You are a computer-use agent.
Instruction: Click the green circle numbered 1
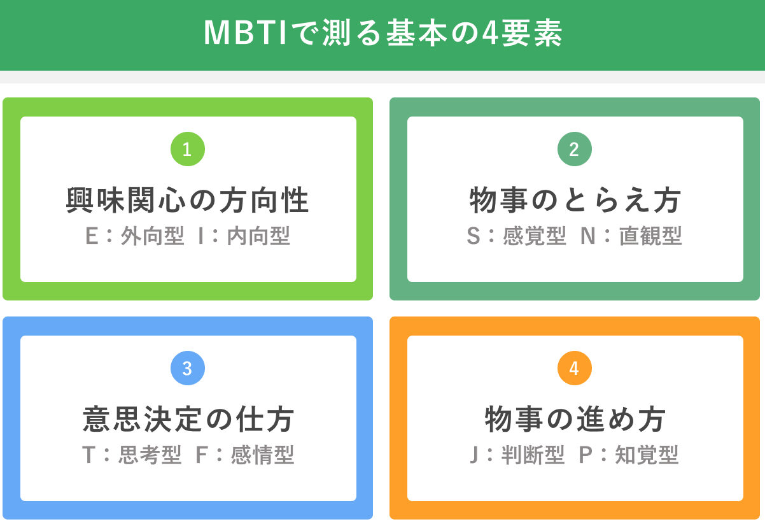[188, 149]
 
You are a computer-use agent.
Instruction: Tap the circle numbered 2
[575, 149]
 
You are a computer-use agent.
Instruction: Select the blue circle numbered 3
[188, 368]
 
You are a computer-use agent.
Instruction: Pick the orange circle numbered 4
[575, 368]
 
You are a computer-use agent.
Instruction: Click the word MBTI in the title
[245, 33]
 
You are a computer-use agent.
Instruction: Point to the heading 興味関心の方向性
[188, 201]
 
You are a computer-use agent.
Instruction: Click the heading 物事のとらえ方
[575, 201]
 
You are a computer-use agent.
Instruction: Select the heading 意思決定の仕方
[188, 420]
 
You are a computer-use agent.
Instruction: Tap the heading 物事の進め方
[575, 420]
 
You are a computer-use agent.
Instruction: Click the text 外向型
[152, 236]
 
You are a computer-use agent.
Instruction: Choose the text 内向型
[258, 236]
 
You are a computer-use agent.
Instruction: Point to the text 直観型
[650, 236]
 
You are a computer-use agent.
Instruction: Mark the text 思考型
[150, 455]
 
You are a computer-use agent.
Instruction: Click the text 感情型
[262, 455]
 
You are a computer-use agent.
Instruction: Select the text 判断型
[533, 455]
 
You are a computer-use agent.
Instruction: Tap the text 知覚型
[647, 455]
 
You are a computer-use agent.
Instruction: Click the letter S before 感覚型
[474, 236]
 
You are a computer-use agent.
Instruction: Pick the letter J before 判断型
[474, 455]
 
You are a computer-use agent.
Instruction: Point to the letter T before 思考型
[88, 455]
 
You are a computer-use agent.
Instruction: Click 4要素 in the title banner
[522, 33]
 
